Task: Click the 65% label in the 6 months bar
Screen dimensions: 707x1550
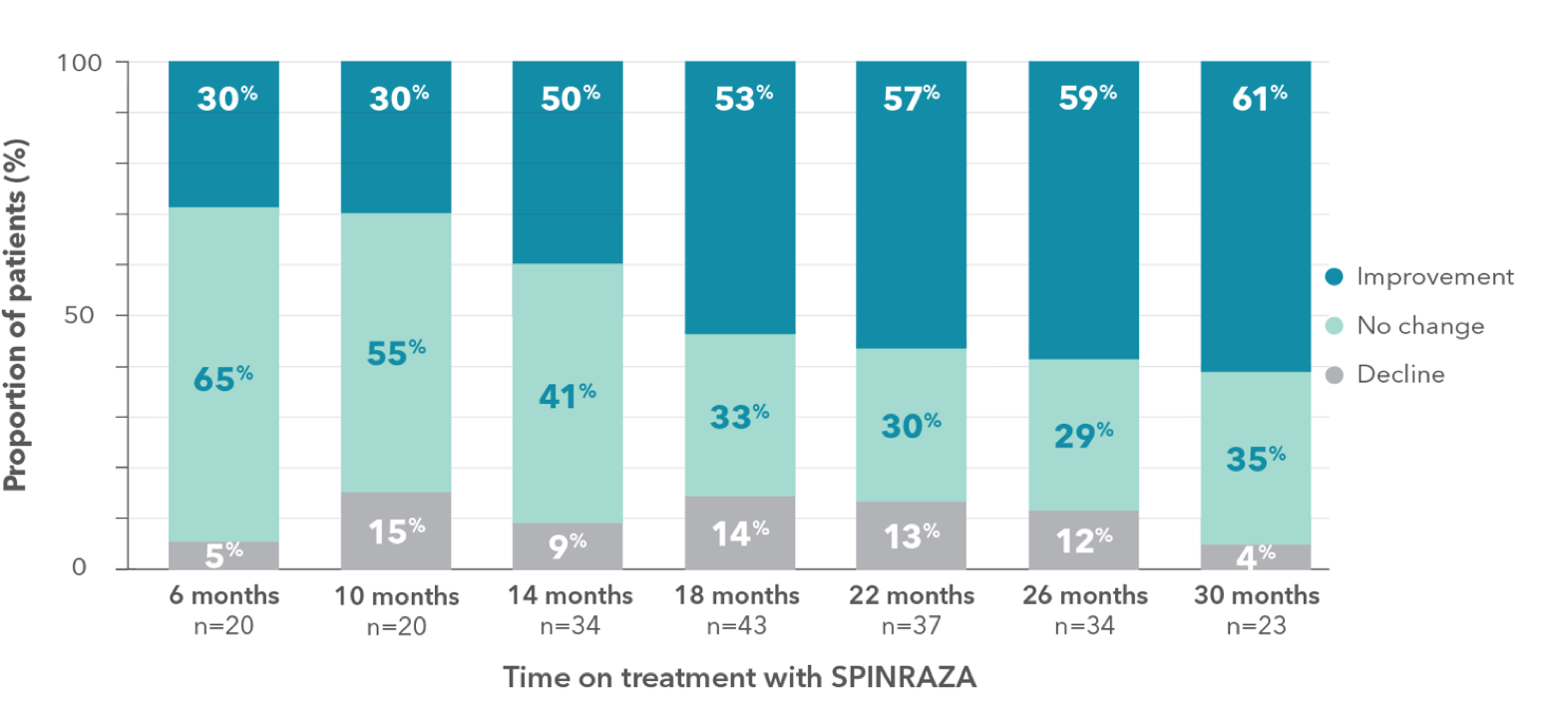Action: pyautogui.click(x=223, y=378)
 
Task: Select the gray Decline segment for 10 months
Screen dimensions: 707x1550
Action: pyautogui.click(x=396, y=530)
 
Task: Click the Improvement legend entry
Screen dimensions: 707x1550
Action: pyautogui.click(x=1420, y=277)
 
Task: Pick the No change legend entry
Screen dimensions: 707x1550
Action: pyautogui.click(x=1406, y=326)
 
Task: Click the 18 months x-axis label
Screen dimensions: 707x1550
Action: pyautogui.click(x=739, y=596)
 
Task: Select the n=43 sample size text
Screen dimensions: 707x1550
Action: pyautogui.click(x=739, y=626)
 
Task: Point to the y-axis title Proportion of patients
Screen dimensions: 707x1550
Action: pyautogui.click(x=15, y=315)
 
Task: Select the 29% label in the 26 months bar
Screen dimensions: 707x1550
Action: pyautogui.click(x=1083, y=435)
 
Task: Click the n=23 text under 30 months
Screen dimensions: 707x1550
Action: pyautogui.click(x=1256, y=626)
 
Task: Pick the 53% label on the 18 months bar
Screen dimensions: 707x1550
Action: pyautogui.click(x=739, y=99)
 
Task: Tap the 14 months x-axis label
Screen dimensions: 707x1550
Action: pyautogui.click(x=568, y=596)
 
